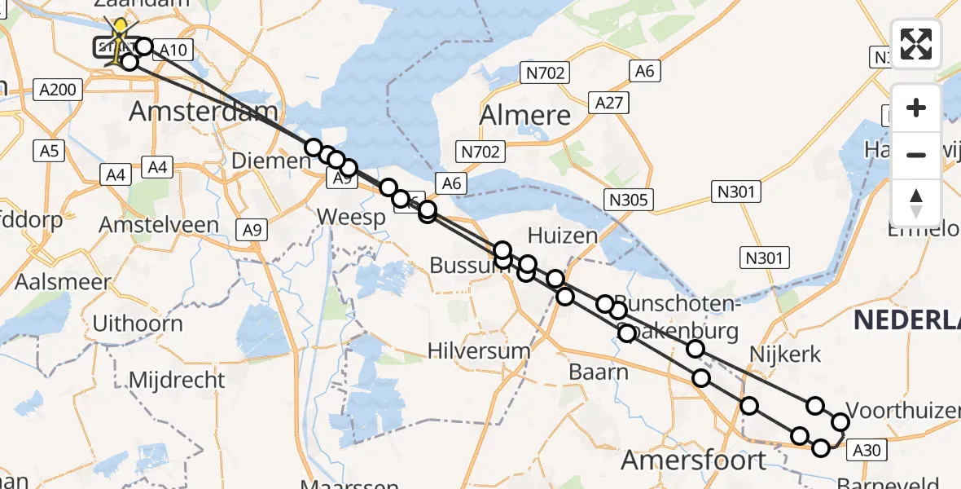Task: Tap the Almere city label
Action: click(x=524, y=115)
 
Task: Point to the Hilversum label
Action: click(x=479, y=350)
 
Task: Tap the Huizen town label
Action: click(x=562, y=236)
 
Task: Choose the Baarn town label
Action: click(x=599, y=372)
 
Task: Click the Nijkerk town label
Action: click(x=787, y=354)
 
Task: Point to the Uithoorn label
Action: click(x=138, y=324)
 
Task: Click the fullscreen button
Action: click(x=916, y=44)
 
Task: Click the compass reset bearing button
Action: click(x=916, y=202)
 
